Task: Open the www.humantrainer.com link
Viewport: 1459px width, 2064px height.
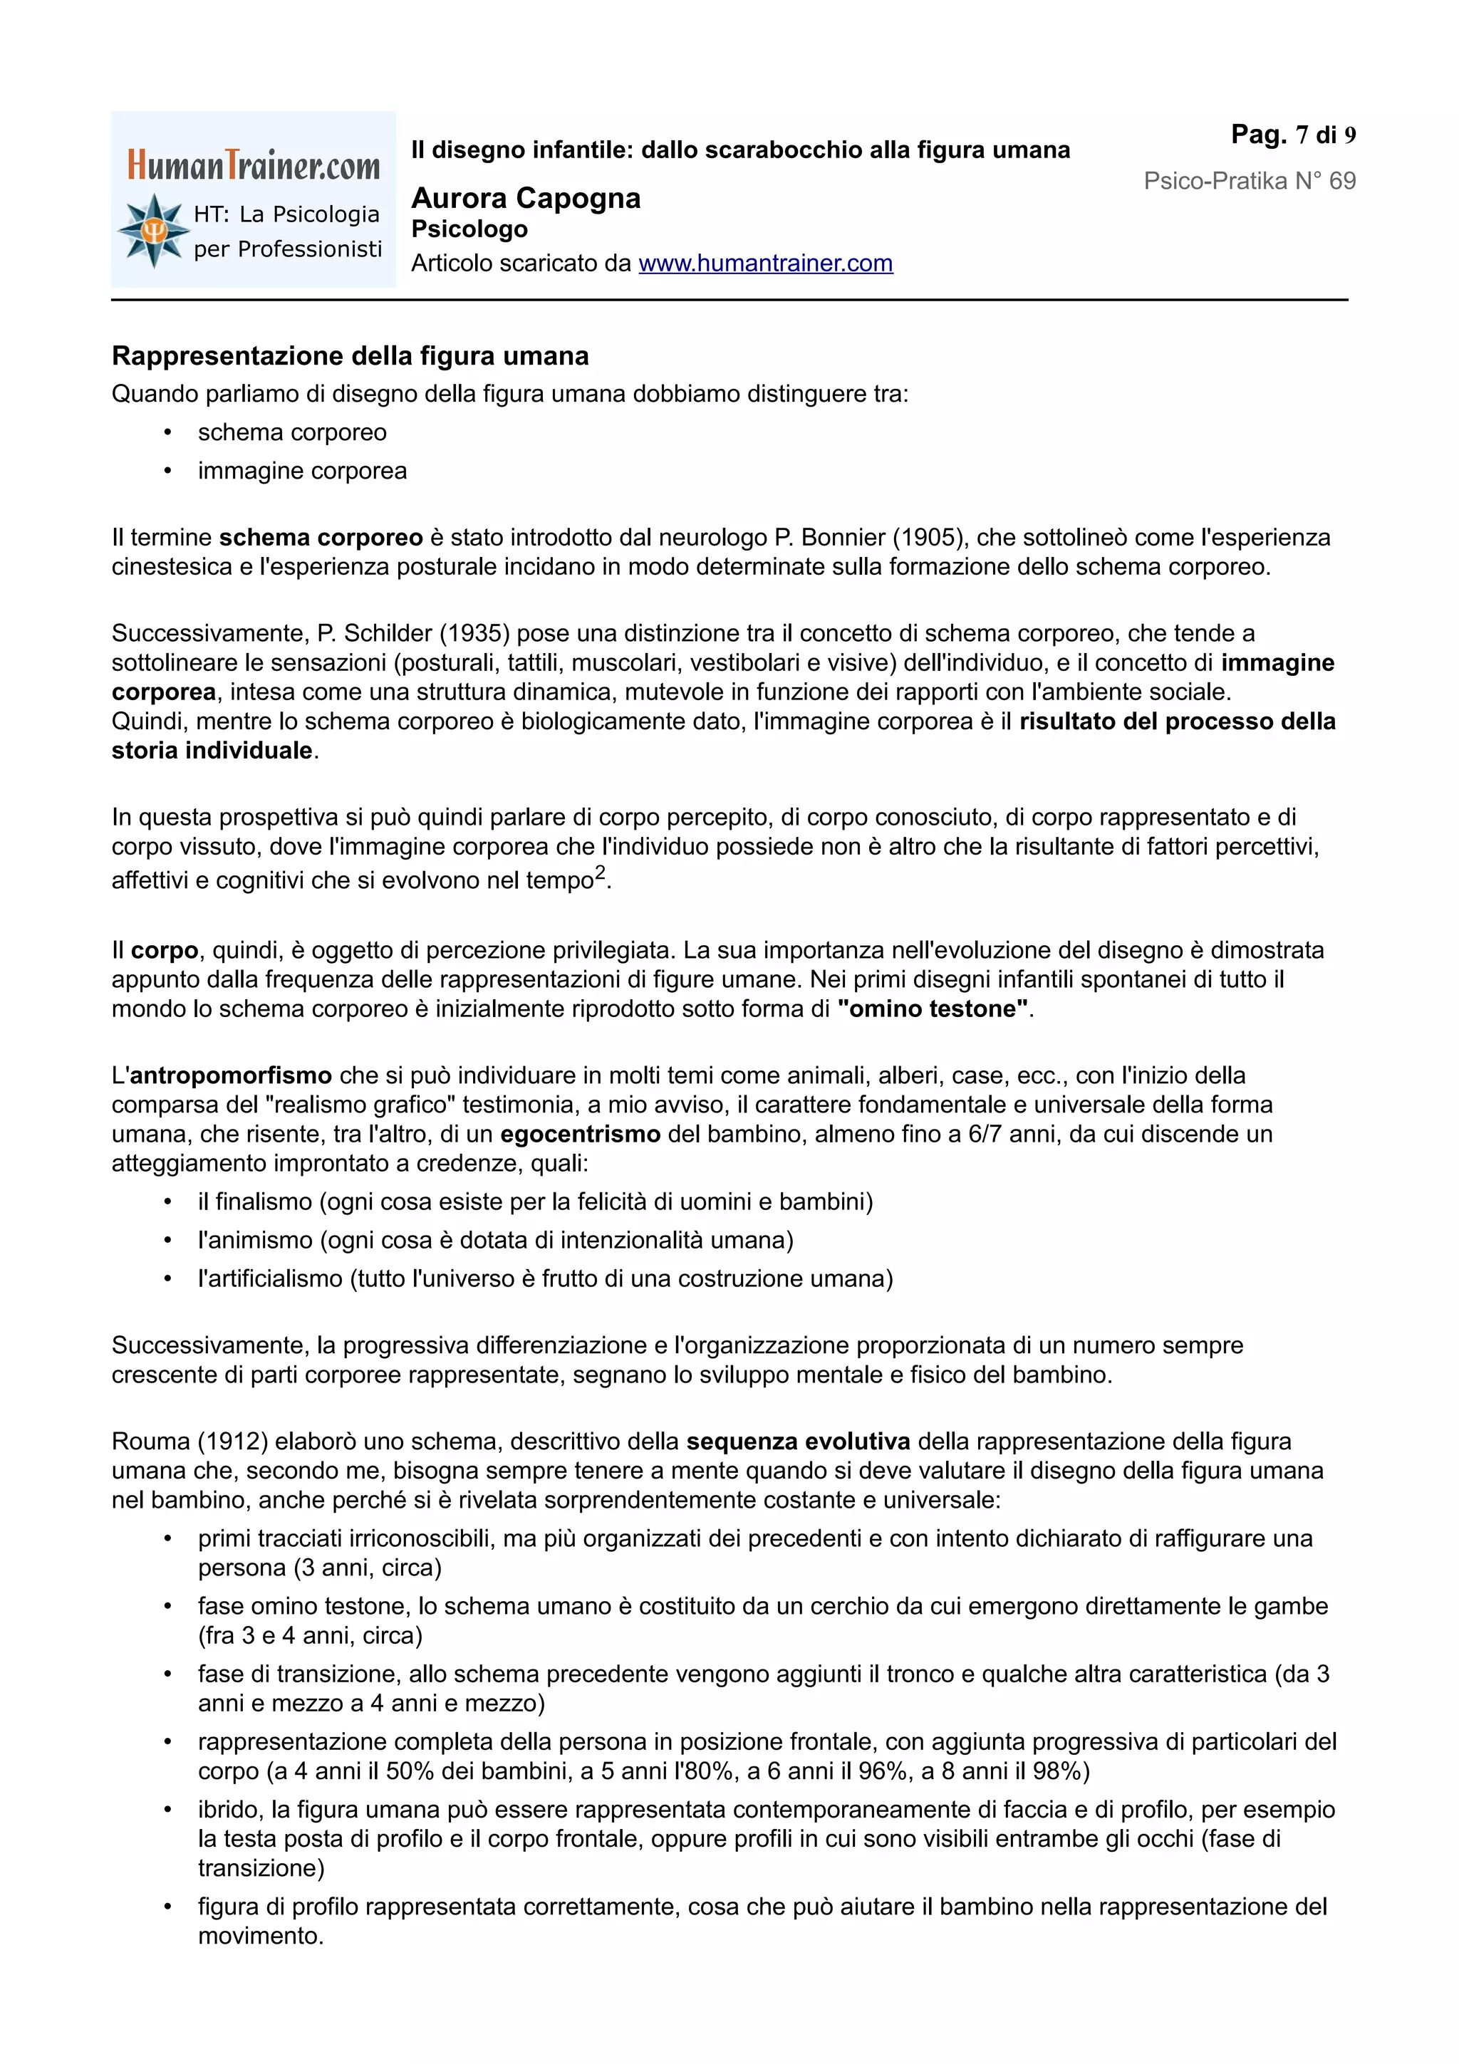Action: coord(765,264)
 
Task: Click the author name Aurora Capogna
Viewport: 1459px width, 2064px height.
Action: coord(526,198)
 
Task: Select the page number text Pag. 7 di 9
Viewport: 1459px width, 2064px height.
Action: coord(1293,135)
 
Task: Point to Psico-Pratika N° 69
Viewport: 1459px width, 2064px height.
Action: coord(1249,181)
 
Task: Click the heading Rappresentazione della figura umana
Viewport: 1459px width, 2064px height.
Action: coord(350,356)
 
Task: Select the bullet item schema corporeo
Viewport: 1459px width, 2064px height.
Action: coord(292,432)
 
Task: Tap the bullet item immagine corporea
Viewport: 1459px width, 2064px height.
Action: coord(302,471)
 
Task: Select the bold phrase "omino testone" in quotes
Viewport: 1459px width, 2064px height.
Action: coord(933,1008)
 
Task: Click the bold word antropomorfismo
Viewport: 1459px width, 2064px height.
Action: coord(231,1075)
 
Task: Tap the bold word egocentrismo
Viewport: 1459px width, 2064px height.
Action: coord(580,1135)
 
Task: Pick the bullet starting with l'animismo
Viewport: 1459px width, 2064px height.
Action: coord(494,1241)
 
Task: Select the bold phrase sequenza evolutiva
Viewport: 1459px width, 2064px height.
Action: coord(799,1442)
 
